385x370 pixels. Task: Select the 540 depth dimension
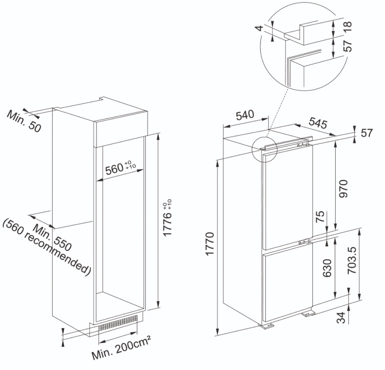(x=245, y=115)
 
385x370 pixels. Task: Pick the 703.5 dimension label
(x=352, y=261)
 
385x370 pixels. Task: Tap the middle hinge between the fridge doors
(x=304, y=242)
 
